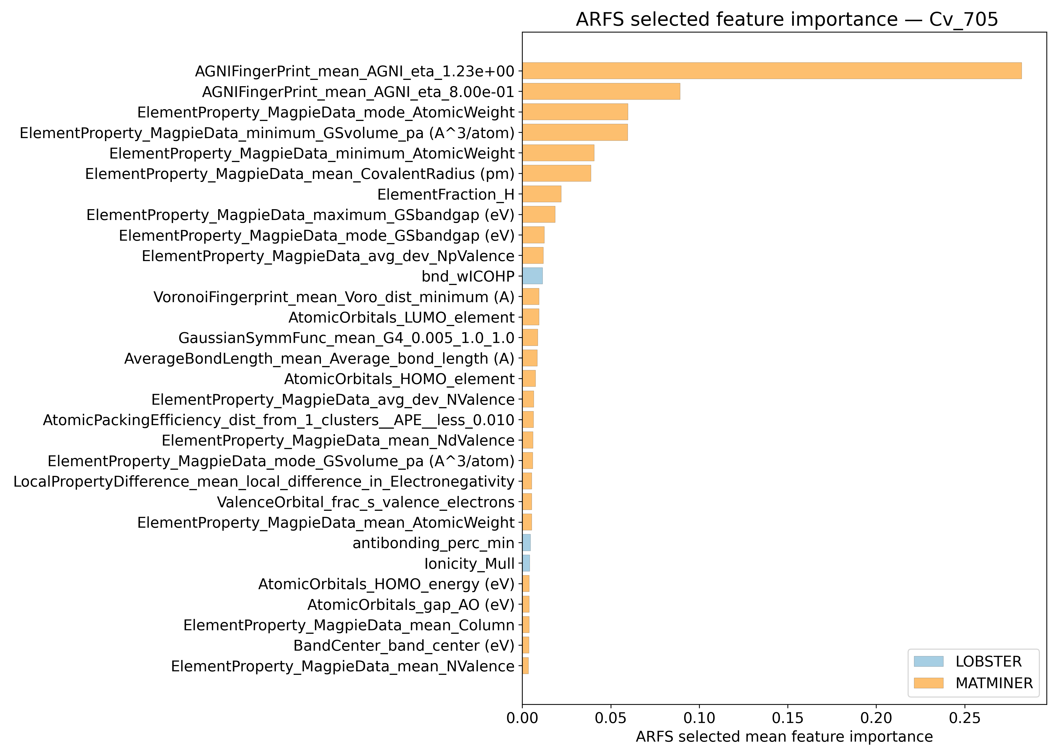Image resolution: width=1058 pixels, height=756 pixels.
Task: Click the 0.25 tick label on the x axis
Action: click(x=965, y=718)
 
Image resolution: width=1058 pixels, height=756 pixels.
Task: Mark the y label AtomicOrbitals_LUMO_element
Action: click(x=401, y=318)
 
